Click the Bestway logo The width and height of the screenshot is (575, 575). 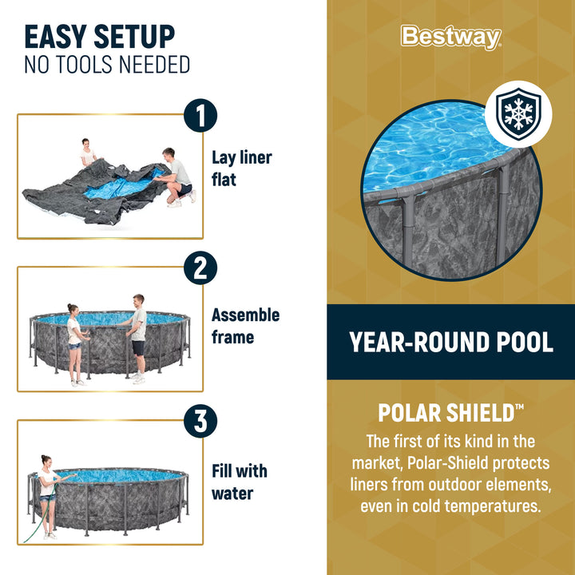[x=450, y=37]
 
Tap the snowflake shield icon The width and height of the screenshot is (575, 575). [x=517, y=114]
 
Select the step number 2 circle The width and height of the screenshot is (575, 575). [x=200, y=268]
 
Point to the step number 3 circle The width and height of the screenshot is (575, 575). [x=200, y=422]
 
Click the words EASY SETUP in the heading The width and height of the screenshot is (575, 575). [x=99, y=37]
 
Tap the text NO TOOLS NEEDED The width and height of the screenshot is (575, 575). [x=107, y=65]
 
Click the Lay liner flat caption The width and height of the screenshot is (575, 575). [x=241, y=169]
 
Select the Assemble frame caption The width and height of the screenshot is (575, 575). [x=245, y=326]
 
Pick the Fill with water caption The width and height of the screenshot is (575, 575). [x=239, y=482]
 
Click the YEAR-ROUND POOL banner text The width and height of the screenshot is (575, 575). [x=451, y=343]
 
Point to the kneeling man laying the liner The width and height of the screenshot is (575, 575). [x=177, y=177]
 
